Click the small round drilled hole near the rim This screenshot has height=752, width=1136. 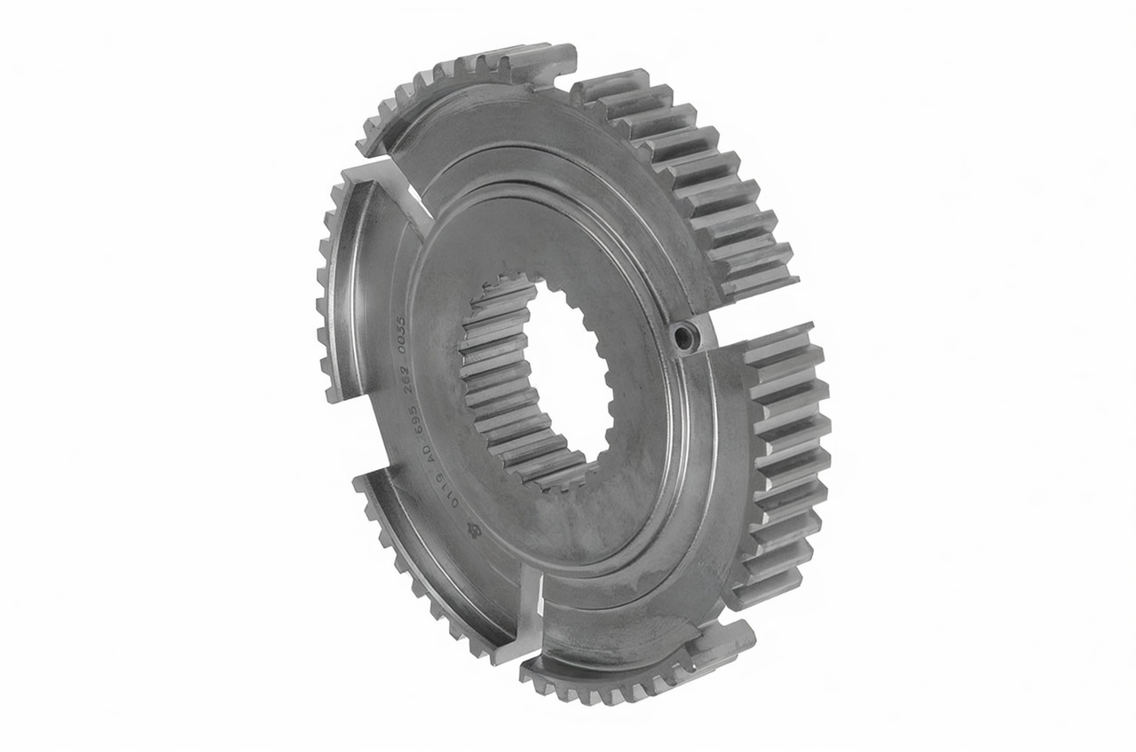(685, 336)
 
